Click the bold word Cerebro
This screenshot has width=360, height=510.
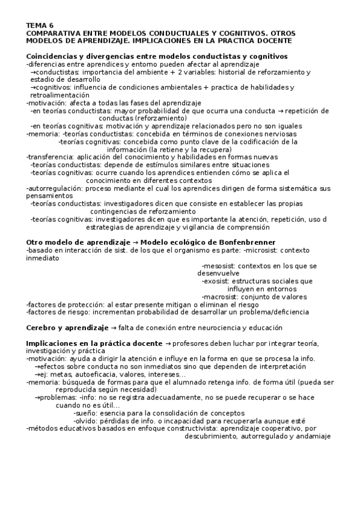coord(43,328)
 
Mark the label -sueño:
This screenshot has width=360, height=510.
coord(87,413)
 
